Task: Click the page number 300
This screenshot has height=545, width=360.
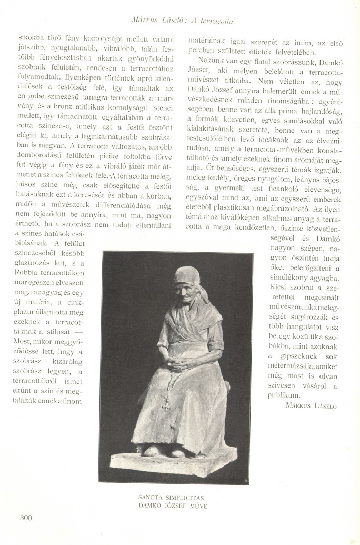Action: pyautogui.click(x=25, y=517)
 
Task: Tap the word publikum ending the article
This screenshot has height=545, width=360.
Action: pyautogui.click(x=284, y=395)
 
